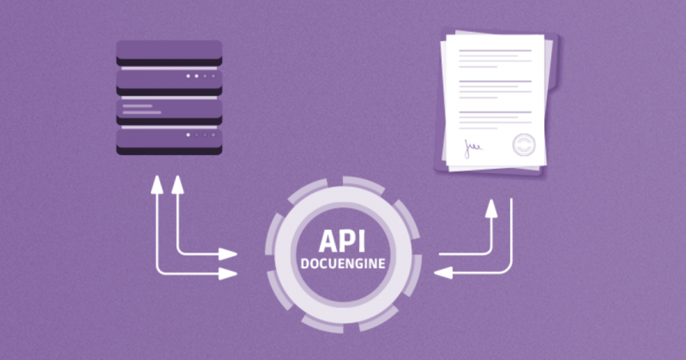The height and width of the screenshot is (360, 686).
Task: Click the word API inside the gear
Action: [342, 243]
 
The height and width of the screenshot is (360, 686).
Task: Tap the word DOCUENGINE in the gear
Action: [342, 264]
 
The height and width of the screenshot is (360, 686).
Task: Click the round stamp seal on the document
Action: [523, 144]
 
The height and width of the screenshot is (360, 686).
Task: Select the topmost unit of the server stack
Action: [169, 53]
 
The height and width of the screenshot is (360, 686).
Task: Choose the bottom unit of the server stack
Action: [169, 140]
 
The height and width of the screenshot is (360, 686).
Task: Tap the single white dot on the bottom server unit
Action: [188, 135]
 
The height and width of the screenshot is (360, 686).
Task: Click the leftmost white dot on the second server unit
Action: [188, 76]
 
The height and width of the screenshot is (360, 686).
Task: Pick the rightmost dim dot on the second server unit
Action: [213, 76]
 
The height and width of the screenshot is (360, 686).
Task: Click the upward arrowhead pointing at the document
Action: [491, 207]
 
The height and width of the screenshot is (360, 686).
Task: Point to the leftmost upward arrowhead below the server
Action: [158, 184]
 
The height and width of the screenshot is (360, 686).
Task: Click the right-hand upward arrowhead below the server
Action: [178, 184]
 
